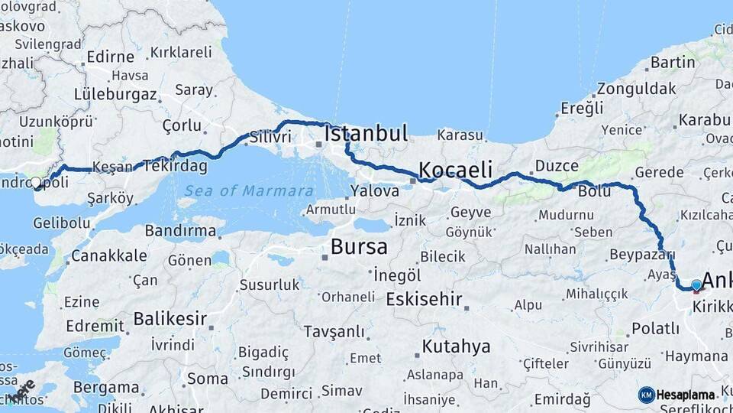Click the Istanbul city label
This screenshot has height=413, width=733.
click(x=366, y=133)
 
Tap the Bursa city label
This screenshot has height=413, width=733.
click(x=359, y=247)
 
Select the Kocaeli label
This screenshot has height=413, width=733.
click(x=455, y=169)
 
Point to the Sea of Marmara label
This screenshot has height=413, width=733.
click(x=248, y=190)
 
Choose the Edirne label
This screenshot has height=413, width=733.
click(x=111, y=56)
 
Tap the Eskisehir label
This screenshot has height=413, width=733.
click(x=424, y=299)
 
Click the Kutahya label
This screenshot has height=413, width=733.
click(x=456, y=347)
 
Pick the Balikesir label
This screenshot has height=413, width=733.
click(x=171, y=317)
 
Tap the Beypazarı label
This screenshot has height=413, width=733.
click(x=643, y=255)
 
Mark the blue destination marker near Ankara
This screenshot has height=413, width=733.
click(x=696, y=286)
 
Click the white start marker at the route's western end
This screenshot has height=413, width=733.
click(x=36, y=182)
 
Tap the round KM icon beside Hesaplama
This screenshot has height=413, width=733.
click(x=646, y=395)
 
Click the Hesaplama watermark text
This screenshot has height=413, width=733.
click(x=686, y=395)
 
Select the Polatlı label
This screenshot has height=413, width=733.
click(x=655, y=328)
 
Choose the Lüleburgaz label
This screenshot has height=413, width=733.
click(x=115, y=95)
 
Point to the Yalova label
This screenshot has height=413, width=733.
click(x=375, y=190)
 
